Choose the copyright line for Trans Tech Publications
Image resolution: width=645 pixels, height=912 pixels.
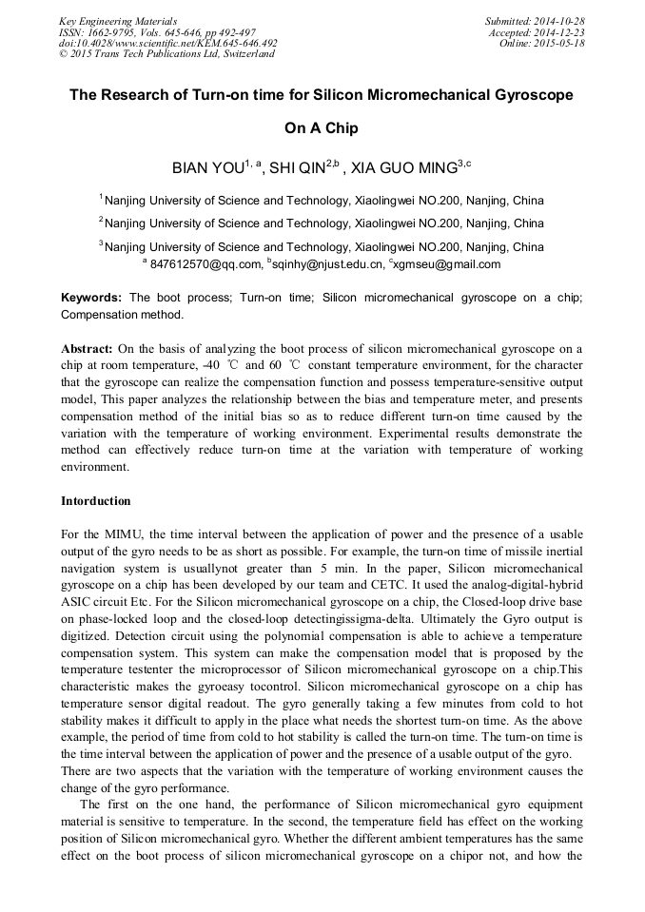166,54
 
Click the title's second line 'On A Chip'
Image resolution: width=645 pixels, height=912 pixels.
322,127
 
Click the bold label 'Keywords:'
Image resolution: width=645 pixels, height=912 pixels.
91,298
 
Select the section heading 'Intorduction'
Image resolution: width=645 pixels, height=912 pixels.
96,500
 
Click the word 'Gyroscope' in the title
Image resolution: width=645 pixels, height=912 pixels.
530,96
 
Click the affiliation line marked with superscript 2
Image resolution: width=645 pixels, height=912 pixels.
322,223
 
